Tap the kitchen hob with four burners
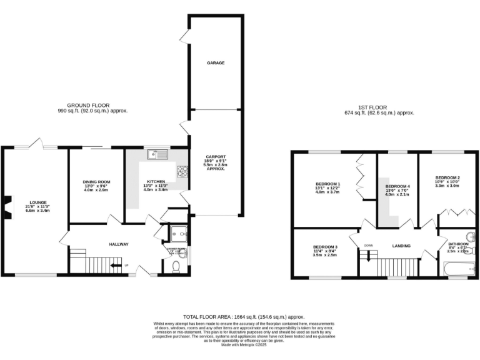point(183,171)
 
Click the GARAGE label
point(216,63)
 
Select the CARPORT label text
point(216,157)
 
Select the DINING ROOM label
point(96,182)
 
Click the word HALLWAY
point(119,244)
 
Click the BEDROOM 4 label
point(397,187)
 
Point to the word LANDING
point(402,246)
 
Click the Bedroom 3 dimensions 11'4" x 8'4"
point(324,251)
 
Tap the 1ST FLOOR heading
point(379,108)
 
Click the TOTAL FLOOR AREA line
point(240,317)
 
